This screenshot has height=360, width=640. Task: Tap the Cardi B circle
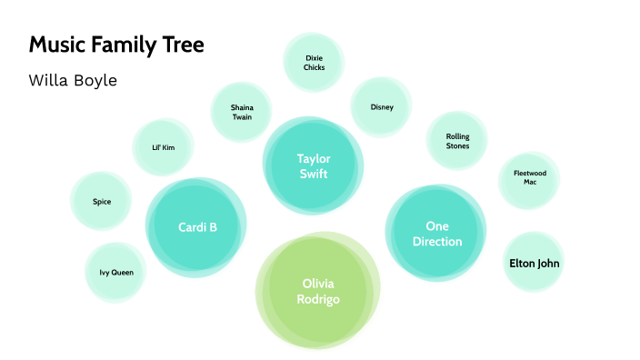(197, 227)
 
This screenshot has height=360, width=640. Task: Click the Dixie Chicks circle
(314, 62)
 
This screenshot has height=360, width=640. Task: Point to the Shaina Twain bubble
(242, 112)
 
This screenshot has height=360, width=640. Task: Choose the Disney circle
(382, 107)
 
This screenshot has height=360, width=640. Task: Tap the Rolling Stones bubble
(457, 141)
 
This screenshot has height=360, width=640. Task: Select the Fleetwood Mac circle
(529, 177)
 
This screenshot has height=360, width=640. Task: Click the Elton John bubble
(534, 264)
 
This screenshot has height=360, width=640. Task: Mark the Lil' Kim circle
(164, 147)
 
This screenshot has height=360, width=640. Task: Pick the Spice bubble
(102, 202)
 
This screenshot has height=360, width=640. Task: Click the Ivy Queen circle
(116, 272)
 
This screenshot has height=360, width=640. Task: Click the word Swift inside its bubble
(313, 174)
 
